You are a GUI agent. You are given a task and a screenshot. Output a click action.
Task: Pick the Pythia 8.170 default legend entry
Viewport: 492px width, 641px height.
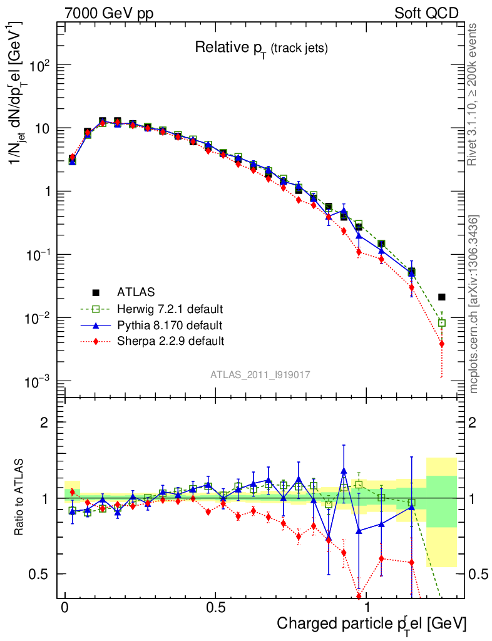click(x=169, y=325)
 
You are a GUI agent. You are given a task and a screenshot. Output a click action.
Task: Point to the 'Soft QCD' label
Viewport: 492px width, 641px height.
click(x=426, y=13)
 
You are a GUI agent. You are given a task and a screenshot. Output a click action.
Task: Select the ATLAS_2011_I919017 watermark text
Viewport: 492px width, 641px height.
click(x=260, y=374)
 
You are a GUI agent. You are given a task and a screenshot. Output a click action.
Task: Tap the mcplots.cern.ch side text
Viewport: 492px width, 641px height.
click(x=474, y=304)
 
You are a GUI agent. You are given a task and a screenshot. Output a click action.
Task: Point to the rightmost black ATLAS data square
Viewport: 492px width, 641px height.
click(x=442, y=297)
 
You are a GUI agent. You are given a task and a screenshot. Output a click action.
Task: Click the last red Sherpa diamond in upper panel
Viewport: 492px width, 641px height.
click(x=442, y=344)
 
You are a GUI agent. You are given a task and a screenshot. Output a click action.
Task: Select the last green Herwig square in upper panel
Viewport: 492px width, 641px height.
click(x=442, y=323)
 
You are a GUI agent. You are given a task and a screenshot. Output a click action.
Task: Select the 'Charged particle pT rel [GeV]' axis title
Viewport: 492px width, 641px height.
click(x=371, y=623)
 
